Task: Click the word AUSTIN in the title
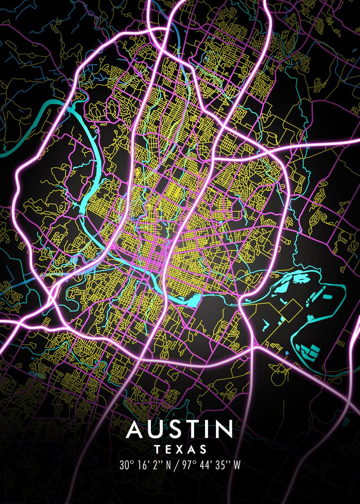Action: click(180, 429)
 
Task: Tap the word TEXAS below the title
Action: click(180, 450)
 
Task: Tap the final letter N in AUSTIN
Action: click(224, 429)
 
